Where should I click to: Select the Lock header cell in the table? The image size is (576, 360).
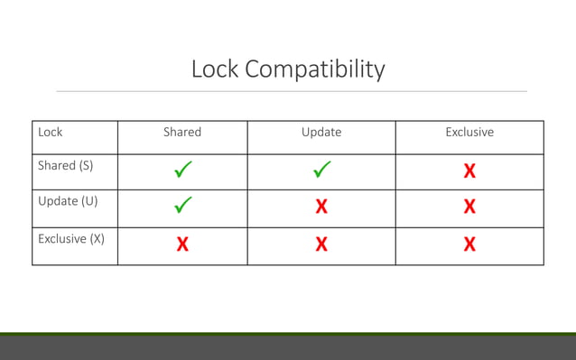click(51, 133)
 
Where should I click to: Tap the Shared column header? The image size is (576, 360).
click(182, 133)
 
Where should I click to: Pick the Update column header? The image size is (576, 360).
click(321, 133)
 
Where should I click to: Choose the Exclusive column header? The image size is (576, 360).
click(469, 133)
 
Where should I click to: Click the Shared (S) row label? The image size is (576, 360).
click(66, 166)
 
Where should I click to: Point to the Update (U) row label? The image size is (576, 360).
click(68, 201)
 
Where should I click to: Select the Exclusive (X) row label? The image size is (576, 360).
click(71, 239)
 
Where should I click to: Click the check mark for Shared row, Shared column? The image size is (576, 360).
click(182, 170)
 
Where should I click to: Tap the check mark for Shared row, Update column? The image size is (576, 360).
click(321, 170)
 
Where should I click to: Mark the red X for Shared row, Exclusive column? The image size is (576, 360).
click(469, 171)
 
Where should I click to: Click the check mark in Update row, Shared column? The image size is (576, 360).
click(182, 207)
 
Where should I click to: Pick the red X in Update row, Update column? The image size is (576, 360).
click(321, 207)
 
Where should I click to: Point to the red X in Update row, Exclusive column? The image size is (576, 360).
click(469, 207)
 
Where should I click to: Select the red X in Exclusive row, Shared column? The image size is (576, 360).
click(182, 244)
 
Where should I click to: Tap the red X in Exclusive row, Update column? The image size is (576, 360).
click(321, 244)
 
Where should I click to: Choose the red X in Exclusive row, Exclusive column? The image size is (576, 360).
click(469, 244)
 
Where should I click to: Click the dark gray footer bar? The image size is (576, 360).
click(288, 348)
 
